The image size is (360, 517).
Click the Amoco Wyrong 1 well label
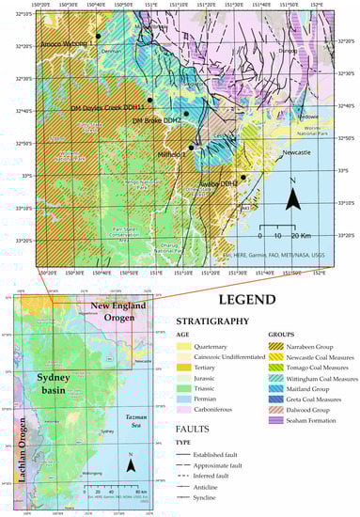coord(66,43)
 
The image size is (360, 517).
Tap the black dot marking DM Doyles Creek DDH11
coord(149,99)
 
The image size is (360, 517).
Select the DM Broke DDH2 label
coord(156,120)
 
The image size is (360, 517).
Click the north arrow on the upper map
coord(294,195)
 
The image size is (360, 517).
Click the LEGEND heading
coord(246,301)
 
